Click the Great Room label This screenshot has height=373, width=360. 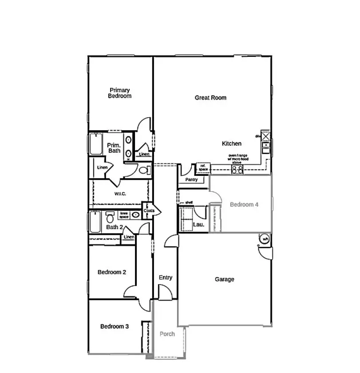click(210, 98)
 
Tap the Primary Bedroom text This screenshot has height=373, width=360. click(120, 93)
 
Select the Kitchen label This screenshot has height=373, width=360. click(232, 143)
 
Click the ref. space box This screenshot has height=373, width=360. click(203, 167)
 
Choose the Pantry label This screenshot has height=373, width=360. click(191, 180)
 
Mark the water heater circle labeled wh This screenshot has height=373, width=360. click(265, 239)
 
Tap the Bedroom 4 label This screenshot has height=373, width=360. click(244, 204)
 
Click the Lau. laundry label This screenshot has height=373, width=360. click(198, 225)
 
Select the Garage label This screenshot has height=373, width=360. click(224, 279)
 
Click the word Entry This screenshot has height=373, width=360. click(165, 278)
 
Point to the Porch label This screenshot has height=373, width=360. click(167, 334)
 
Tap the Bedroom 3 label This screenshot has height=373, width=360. click(115, 326)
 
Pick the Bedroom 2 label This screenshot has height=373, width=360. click(112, 272)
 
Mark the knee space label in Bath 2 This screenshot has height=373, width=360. click(124, 215)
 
